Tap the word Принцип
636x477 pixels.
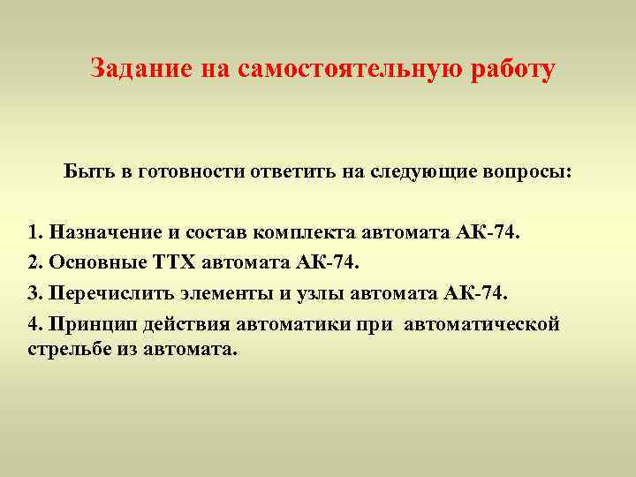click(x=89, y=323)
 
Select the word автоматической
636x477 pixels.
click(x=481, y=323)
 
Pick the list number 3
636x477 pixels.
click(x=34, y=292)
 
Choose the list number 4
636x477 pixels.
click(x=34, y=323)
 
